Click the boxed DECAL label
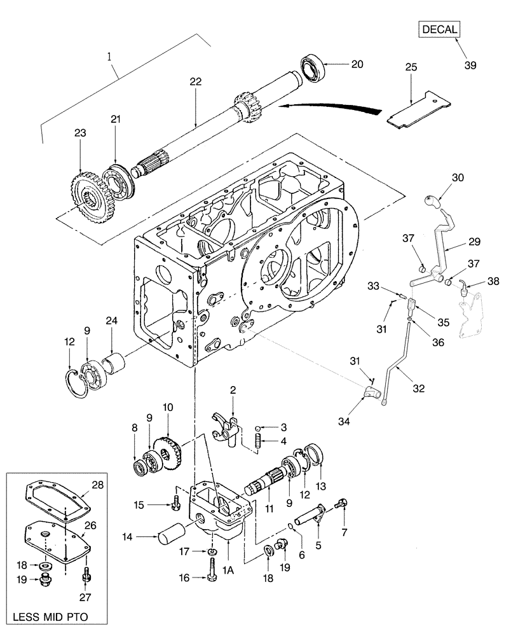[x=438, y=30]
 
